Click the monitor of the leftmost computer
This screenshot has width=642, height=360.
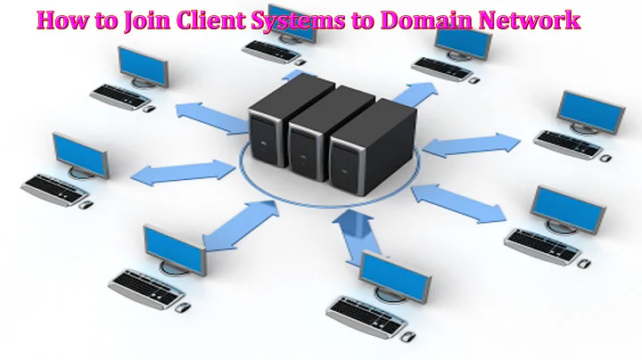tap(78, 154)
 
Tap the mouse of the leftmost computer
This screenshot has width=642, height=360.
tap(86, 204)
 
